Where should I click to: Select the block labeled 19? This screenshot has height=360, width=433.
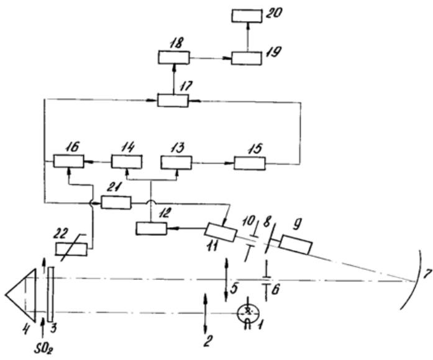(x=247, y=58)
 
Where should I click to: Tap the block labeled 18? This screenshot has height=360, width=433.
(x=171, y=58)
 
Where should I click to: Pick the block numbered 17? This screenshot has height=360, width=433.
(x=172, y=100)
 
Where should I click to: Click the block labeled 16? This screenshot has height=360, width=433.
(x=68, y=162)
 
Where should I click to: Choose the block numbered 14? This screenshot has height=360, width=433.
(x=127, y=162)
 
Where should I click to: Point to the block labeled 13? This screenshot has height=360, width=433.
(x=177, y=162)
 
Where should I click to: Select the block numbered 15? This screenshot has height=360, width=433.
(x=249, y=163)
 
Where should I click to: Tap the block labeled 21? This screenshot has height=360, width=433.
(x=116, y=202)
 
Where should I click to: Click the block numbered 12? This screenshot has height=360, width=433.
(x=151, y=228)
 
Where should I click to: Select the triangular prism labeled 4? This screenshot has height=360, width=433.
(x=22, y=291)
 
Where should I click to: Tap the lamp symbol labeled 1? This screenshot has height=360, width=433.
(x=247, y=311)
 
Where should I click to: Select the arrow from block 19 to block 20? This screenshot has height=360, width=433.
(x=247, y=37)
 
